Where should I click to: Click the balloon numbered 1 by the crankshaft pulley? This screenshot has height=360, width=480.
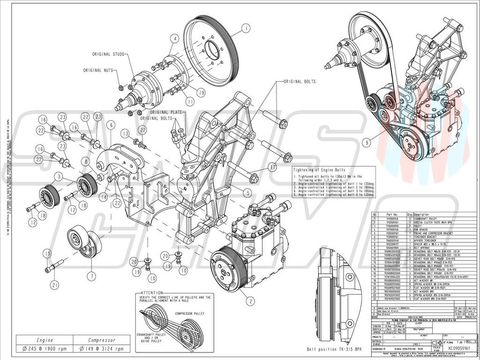point(245,29)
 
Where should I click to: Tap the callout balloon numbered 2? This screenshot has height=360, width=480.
point(251,301)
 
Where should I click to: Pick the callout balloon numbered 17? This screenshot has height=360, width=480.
point(272,166)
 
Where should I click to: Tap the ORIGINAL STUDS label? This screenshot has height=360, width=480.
point(108,54)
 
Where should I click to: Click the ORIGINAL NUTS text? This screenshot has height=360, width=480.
point(99,70)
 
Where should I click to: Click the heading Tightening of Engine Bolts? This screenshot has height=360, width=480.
point(321,170)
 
